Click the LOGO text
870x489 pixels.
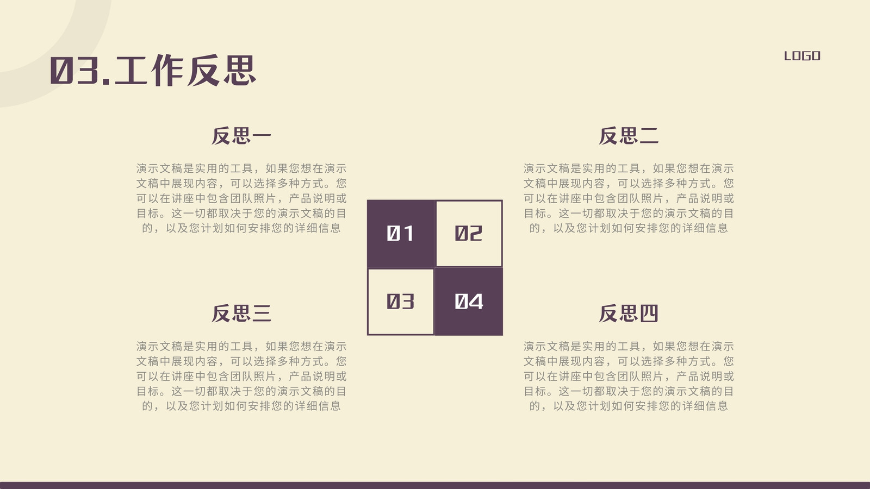pos(802,56)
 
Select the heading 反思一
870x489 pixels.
pos(241,136)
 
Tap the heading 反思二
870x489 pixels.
pos(629,136)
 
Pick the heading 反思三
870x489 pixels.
pos(241,313)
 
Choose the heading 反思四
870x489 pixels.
pos(629,313)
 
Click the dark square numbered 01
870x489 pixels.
pos(401,234)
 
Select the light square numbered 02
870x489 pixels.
pos(469,234)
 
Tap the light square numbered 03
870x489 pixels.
pos(401,302)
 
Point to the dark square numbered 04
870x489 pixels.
pos(469,302)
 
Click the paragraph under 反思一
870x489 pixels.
pos(241,198)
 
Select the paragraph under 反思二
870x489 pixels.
pos(629,198)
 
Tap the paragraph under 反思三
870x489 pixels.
pos(241,376)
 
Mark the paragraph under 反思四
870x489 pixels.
pos(629,376)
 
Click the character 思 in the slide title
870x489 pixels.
pos(240,70)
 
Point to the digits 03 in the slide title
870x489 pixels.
pos(74,70)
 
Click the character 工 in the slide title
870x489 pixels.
pos(130,70)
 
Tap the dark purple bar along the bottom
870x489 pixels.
pos(435,486)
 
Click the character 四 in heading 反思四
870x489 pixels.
pos(649,313)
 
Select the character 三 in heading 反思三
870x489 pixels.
pos(262,313)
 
